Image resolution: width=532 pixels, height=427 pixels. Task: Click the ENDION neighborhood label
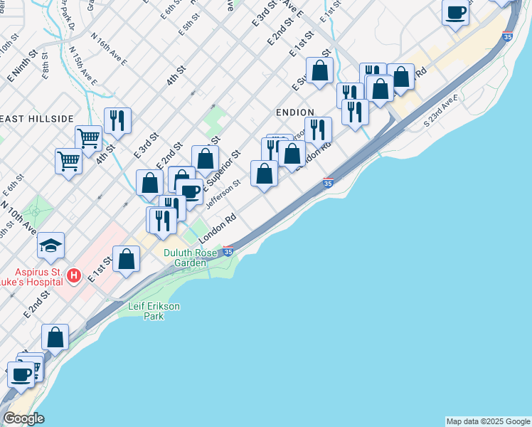pyautogui.click(x=294, y=112)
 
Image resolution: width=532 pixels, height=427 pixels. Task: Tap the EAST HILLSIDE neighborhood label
pyautogui.click(x=37, y=118)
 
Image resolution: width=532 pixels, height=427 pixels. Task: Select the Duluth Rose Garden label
pyautogui.click(x=191, y=258)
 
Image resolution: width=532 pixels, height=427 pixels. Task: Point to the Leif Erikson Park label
pyautogui.click(x=154, y=311)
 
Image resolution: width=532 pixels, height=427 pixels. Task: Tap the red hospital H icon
pyautogui.click(x=73, y=275)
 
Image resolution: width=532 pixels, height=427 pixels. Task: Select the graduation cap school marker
pyautogui.click(x=51, y=246)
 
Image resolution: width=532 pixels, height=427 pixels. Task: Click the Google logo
pyautogui.click(x=23, y=418)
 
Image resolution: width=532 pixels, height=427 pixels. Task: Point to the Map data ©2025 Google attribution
pyautogui.click(x=488, y=421)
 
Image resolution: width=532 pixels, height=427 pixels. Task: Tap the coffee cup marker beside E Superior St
pyautogui.click(x=190, y=192)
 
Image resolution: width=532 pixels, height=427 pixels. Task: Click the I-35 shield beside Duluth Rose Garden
pyautogui.click(x=228, y=251)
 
